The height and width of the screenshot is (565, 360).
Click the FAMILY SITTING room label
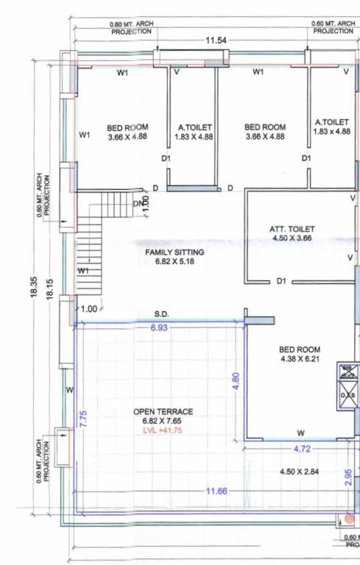[x=174, y=252]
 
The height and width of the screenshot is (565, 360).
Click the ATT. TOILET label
[x=292, y=229]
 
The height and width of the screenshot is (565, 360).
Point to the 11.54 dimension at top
[x=216, y=40]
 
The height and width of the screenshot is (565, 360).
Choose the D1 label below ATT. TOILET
[x=280, y=281]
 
